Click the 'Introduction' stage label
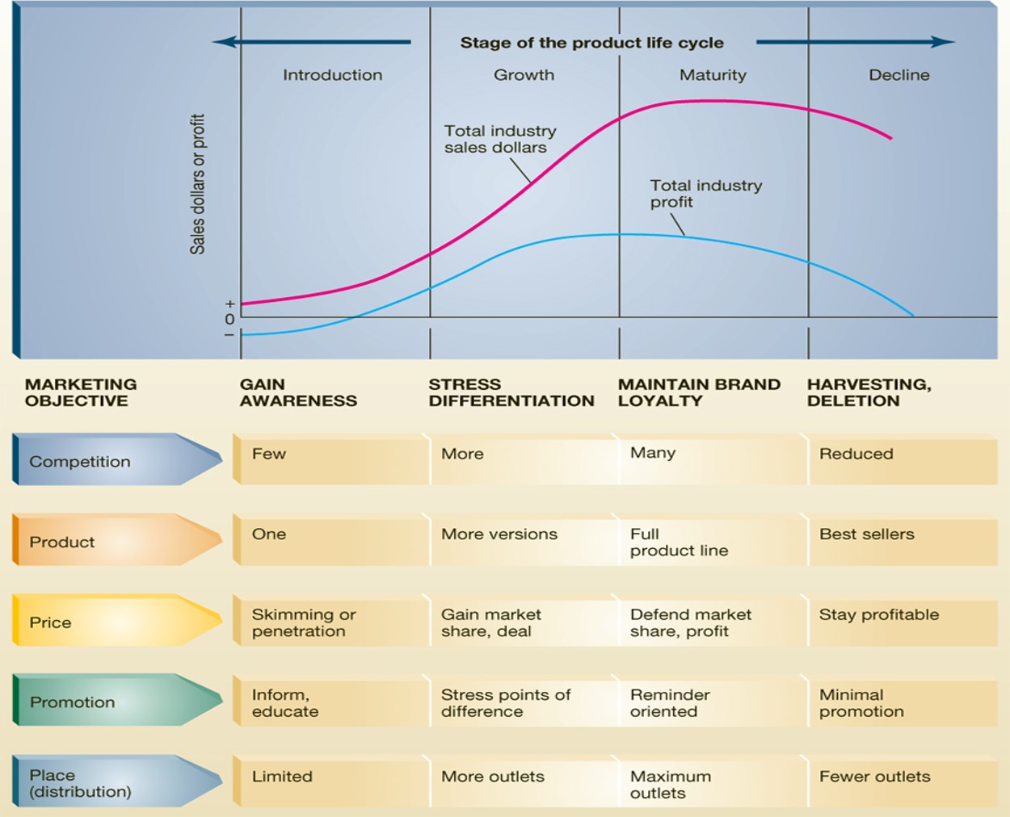coord(332,75)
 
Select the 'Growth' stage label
coord(524,75)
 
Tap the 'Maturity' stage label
coord(713,75)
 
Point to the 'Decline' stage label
coord(898,75)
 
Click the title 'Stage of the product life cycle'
coord(591,43)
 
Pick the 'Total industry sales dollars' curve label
coord(499,139)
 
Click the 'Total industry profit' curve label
coord(705,194)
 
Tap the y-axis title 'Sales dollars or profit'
coord(198,184)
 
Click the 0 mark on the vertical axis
coord(229,319)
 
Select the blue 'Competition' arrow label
coord(80,462)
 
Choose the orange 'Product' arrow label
coord(62,542)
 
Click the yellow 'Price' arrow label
coord(50,622)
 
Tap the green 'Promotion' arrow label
coord(72,702)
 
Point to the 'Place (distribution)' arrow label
coord(80,783)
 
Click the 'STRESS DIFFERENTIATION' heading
coord(511,392)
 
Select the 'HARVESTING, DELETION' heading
coord(869,392)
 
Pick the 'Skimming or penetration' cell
coord(304,622)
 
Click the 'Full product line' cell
coord(679,542)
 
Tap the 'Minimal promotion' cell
coord(861,702)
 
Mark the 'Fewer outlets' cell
coord(874,777)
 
